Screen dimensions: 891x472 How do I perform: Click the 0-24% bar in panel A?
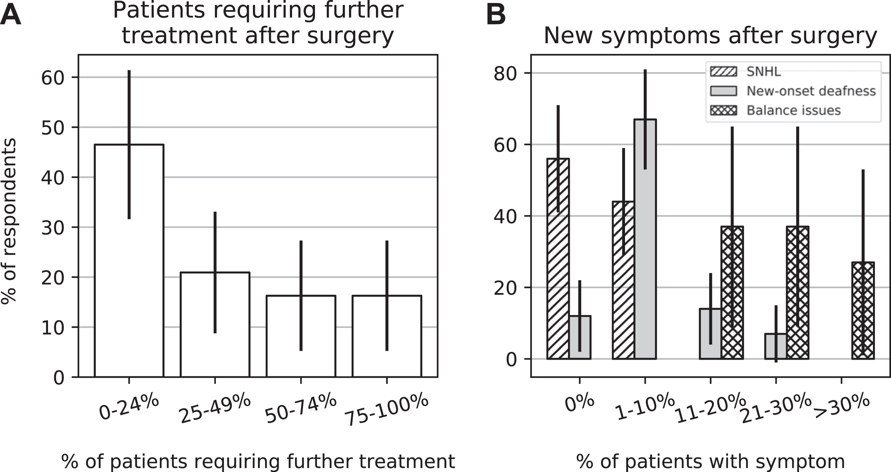pos(129,260)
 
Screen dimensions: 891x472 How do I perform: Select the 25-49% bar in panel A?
pos(215,325)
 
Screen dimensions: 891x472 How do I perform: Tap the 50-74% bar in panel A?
pos(301,336)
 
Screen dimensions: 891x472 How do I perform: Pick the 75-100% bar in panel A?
pos(387,336)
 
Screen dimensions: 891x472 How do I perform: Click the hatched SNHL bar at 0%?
pos(558,259)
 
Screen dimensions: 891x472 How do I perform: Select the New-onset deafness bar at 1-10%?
pos(645,239)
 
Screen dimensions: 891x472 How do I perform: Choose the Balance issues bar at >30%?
pos(863,311)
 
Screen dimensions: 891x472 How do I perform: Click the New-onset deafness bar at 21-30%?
pos(776,347)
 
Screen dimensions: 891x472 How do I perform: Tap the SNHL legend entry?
pos(745,71)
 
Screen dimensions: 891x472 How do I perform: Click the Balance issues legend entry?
pos(775,111)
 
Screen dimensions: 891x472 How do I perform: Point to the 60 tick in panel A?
pos(52,78)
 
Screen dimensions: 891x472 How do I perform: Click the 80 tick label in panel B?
pos(505,73)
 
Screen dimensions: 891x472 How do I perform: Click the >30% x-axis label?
pos(841,407)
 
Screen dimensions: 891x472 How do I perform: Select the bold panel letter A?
pos(11,15)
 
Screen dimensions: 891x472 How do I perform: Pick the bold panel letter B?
pos(496,15)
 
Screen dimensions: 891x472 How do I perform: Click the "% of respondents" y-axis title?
pos(9,221)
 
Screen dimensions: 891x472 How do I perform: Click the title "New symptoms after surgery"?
pos(710,35)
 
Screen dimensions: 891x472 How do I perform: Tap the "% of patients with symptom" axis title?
pos(710,461)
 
